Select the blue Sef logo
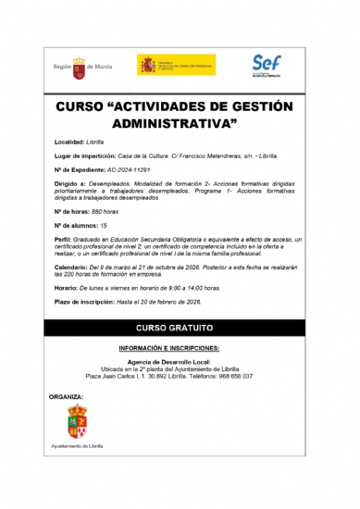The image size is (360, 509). pos(267,65)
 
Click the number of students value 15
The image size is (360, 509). pos(116,225)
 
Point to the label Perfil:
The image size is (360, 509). pos(66,238)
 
